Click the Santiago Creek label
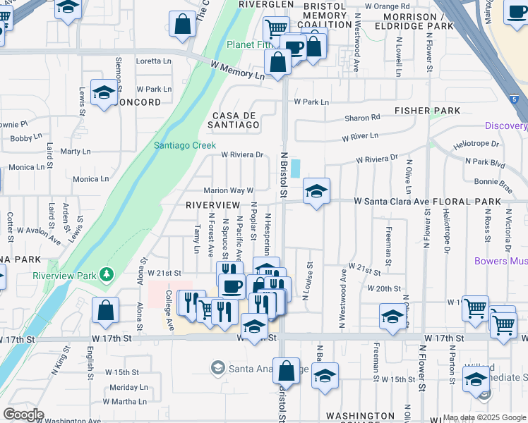coord(185,145)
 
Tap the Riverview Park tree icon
coord(107,274)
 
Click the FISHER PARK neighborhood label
coord(427,111)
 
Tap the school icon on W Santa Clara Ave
coord(316,190)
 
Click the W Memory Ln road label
coord(236,70)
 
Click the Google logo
coord(23,415)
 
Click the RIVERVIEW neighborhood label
coord(212,204)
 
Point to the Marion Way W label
coord(228,190)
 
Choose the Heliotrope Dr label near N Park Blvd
coord(476,144)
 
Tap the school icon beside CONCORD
coord(104,92)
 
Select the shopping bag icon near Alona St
coord(105,309)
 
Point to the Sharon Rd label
coord(362,118)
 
